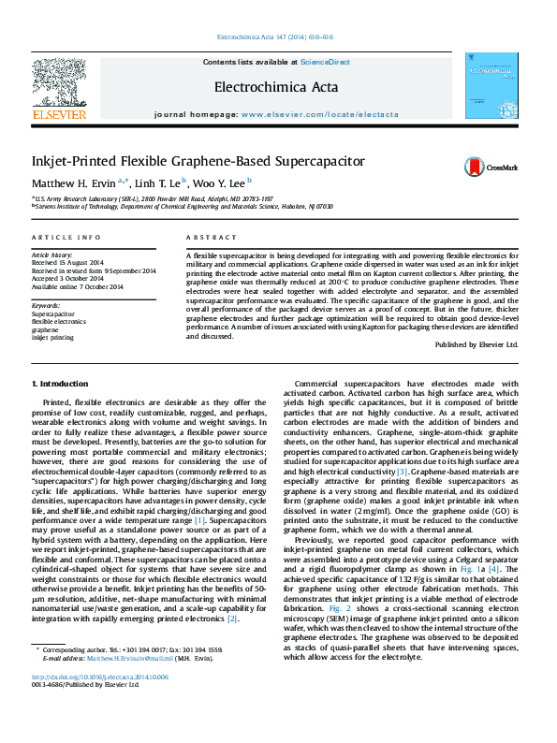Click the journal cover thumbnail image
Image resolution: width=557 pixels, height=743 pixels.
[491, 87]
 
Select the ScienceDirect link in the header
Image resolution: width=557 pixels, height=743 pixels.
[325, 62]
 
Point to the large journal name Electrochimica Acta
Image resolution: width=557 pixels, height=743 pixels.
[276, 86]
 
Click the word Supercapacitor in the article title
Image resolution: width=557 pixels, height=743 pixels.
[306, 161]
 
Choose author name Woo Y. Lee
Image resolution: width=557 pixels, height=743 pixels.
[220, 183]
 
